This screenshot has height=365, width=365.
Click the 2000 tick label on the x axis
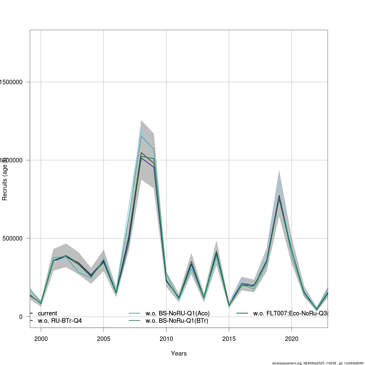[41, 339]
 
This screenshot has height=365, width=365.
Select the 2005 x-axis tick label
[103, 339]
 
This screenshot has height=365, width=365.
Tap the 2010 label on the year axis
[166, 339]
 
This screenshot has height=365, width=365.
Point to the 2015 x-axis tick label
[229, 339]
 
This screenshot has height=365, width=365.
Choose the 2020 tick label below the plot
[291, 339]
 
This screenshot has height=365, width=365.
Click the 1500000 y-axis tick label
[11, 82]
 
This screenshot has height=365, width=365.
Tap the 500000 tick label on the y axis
[12, 238]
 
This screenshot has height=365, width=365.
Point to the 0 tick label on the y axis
[21, 317]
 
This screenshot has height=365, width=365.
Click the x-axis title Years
[179, 353]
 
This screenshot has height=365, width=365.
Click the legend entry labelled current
[47, 313]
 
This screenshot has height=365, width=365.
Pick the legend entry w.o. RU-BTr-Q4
[60, 321]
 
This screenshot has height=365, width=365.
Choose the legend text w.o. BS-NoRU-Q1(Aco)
[177, 313]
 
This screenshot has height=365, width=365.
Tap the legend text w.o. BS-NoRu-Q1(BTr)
[177, 321]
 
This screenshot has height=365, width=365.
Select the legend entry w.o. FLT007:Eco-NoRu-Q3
[290, 313]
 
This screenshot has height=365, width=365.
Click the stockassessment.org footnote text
[318, 363]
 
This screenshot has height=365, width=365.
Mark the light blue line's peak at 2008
[141, 129]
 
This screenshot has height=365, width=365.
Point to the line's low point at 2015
[229, 306]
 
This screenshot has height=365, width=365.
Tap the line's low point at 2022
[317, 310]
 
